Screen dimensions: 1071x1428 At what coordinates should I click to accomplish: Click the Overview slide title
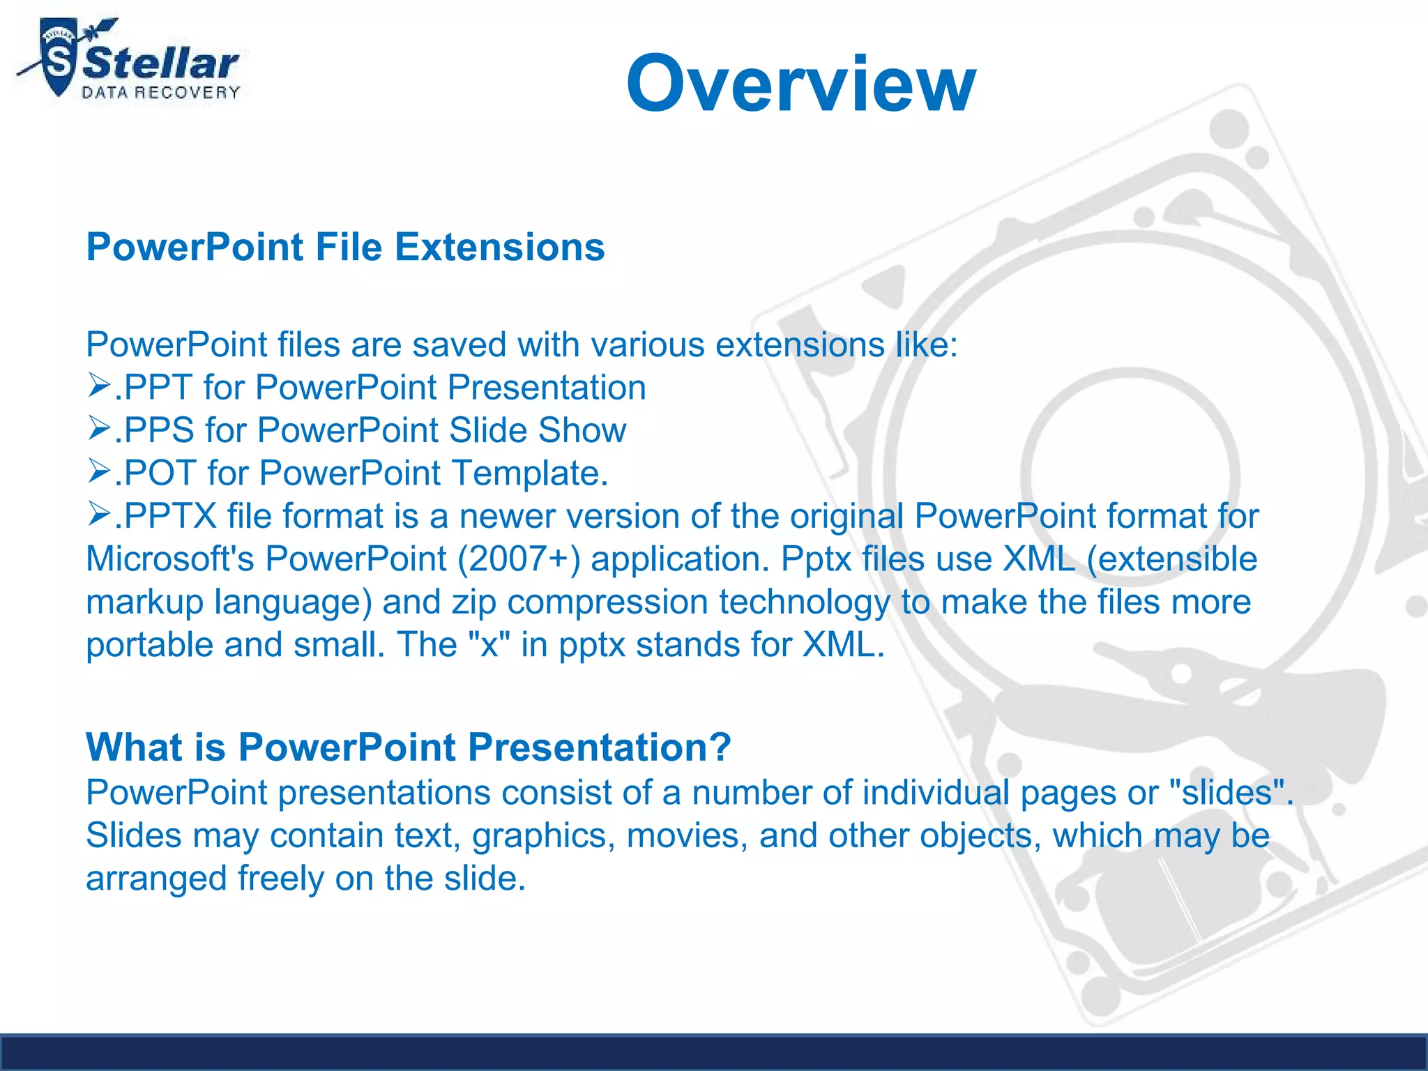[x=800, y=84]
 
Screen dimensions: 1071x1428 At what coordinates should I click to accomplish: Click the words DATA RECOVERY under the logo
[x=161, y=93]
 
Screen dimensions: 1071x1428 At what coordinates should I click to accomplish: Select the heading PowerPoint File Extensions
[x=345, y=247]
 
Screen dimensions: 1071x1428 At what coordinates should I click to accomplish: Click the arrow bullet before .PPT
[x=98, y=386]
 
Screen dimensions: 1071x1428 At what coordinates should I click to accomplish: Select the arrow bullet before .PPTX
[x=98, y=515]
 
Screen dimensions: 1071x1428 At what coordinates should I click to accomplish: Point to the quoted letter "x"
[x=489, y=645]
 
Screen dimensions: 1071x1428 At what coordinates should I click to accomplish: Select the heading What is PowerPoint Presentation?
[x=409, y=747]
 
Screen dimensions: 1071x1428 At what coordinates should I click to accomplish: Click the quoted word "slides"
[x=1226, y=793]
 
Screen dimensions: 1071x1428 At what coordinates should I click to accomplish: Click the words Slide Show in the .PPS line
[x=538, y=430]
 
